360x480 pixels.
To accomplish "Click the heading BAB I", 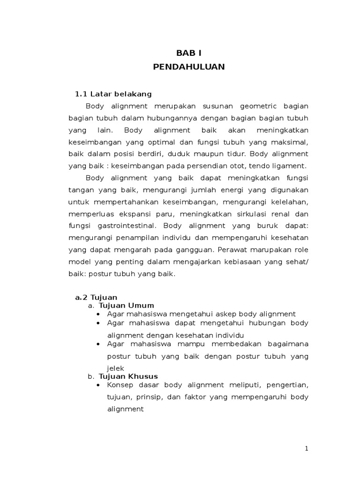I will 189,53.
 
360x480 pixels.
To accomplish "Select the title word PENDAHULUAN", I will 189,67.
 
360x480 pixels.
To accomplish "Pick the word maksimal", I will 290,142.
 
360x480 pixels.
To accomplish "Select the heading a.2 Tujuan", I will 96,297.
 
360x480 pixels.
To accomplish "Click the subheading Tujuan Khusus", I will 128,376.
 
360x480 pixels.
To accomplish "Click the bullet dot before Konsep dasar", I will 98,385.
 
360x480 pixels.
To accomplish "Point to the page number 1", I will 307,449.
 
